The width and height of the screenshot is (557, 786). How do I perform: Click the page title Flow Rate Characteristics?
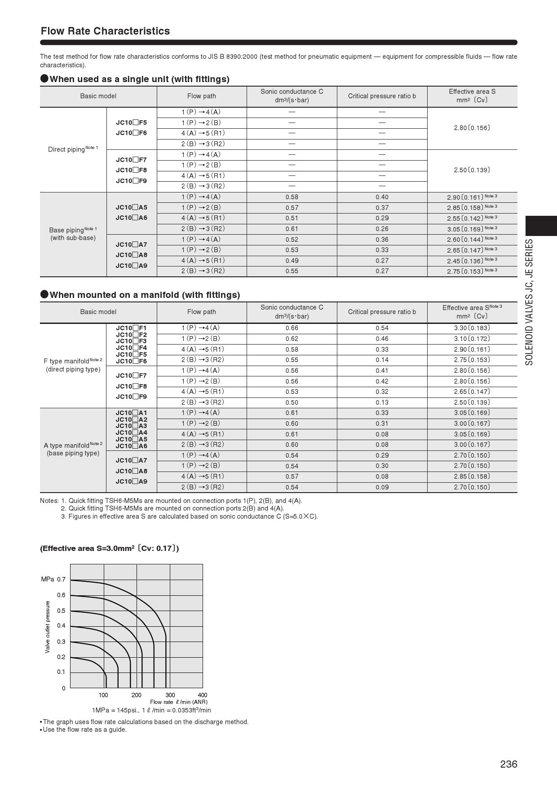105,31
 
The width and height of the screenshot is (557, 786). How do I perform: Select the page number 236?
508,764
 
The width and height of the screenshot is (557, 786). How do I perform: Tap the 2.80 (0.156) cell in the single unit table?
472,128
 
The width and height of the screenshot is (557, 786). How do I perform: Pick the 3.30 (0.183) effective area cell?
472,328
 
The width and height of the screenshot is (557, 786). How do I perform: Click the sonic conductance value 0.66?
292,328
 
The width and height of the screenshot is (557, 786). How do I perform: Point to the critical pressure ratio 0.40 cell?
382,197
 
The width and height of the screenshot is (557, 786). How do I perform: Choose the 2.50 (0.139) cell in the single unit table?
472,170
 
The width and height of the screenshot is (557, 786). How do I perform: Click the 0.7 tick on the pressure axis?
61,579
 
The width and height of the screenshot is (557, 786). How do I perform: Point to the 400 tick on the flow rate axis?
203,695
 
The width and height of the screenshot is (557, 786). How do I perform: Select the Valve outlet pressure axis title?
48,627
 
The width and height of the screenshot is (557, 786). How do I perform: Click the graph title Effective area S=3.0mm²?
109,548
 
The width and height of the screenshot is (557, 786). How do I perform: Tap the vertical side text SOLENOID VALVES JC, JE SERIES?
530,302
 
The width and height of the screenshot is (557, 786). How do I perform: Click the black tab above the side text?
541,226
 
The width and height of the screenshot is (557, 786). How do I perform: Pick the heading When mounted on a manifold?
145,295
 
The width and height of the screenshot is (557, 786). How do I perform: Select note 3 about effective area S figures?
189,516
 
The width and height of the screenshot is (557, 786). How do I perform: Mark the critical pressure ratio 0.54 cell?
382,328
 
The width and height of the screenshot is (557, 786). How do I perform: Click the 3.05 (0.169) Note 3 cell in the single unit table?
472,229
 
